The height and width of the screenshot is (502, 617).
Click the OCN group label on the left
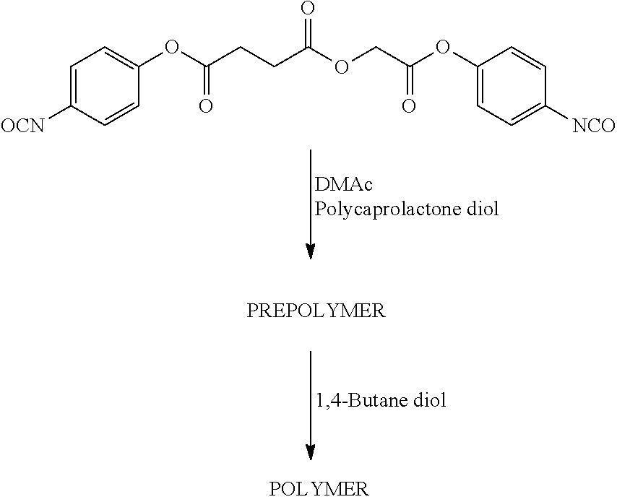tap(22, 126)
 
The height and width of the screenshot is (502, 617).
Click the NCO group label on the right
tap(593, 126)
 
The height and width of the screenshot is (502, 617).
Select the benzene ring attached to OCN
tap(105, 87)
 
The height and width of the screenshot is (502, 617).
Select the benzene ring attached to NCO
tap(511, 87)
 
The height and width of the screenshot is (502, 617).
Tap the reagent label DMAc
tap(343, 184)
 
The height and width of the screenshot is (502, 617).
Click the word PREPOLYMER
tap(316, 311)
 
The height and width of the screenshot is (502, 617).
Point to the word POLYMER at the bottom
tap(319, 489)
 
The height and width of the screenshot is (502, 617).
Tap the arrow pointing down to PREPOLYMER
tap(311, 204)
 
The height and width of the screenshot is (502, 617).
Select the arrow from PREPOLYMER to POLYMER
tap(311, 406)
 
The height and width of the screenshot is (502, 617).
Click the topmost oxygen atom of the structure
tap(307, 8)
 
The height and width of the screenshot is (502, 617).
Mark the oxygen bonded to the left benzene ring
tap(171, 48)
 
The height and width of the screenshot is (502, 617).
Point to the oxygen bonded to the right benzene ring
tap(443, 48)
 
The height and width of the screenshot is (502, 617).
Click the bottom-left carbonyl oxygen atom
tap(206, 106)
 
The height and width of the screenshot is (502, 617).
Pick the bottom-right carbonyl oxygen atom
tap(409, 106)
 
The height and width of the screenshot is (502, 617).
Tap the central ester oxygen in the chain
tap(342, 67)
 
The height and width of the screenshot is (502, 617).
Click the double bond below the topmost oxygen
tap(308, 33)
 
